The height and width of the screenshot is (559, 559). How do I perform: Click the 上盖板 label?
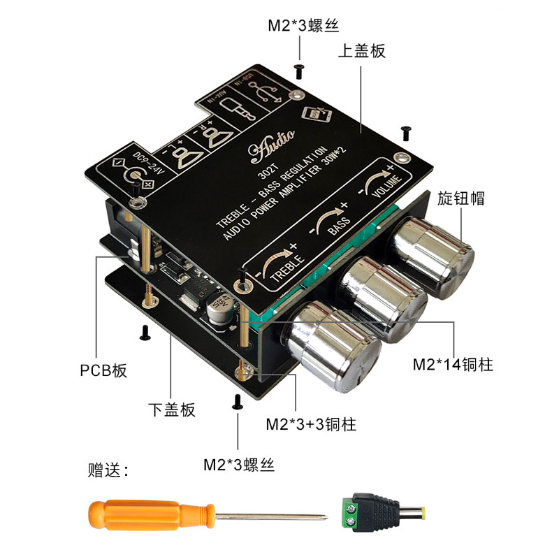[x=361, y=51]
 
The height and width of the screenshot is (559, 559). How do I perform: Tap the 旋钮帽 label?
[x=462, y=198]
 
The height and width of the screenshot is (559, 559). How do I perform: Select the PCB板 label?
[x=104, y=370]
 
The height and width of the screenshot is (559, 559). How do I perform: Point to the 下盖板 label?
[x=172, y=409]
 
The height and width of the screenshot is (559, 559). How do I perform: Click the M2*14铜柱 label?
[x=453, y=365]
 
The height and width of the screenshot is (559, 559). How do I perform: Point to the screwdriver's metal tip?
[x=318, y=518]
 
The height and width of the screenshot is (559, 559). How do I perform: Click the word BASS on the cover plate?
[x=338, y=225]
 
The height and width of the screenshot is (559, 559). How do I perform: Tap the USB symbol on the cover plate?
[x=266, y=94]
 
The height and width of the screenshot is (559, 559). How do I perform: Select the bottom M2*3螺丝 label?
[x=239, y=464]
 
